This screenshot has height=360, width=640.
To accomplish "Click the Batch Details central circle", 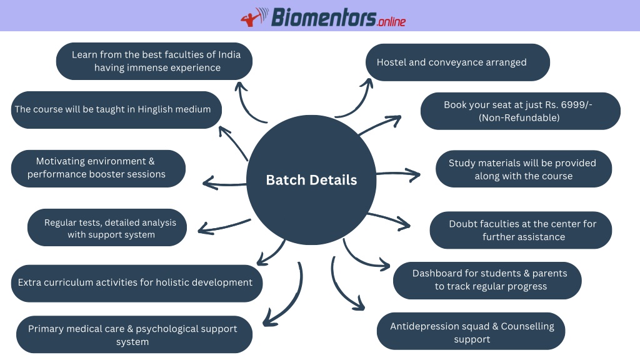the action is coord(311,180).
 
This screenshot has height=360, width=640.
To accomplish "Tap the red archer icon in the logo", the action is coord(254,17).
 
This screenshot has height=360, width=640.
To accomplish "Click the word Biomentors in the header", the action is coord(324,17).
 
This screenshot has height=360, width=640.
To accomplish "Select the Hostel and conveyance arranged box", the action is coord(457,62).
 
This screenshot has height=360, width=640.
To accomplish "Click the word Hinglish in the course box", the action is coord(155,109).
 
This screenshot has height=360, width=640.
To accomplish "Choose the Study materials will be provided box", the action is coord(524,169).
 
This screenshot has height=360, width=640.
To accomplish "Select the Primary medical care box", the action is coord(134,334).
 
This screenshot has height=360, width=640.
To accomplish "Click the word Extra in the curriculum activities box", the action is coord(29,282).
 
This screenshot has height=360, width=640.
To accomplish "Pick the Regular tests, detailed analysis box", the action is coord(107,227).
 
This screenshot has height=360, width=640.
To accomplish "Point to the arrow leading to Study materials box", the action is coord(398,174).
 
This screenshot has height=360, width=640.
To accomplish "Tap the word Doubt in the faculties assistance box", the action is coord(463,224).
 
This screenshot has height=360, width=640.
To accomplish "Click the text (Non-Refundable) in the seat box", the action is coord(519,118).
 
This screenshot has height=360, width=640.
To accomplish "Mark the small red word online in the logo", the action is coord(392,21).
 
